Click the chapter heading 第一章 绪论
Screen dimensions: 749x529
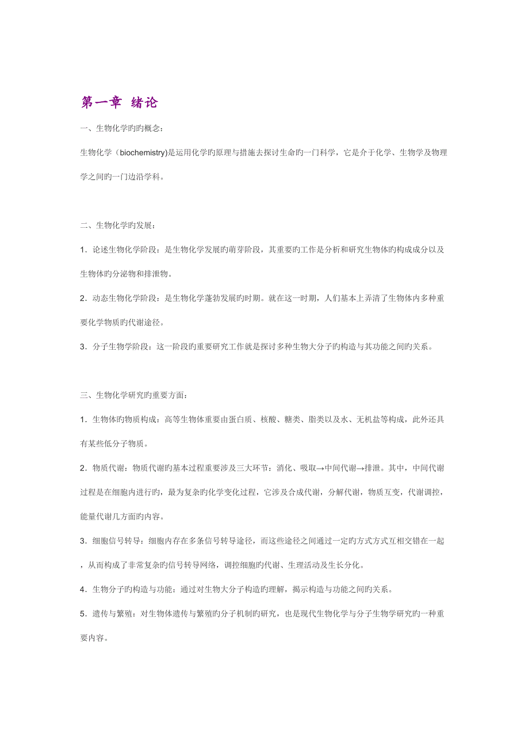[119, 103]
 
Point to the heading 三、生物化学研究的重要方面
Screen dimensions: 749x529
[134, 395]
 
